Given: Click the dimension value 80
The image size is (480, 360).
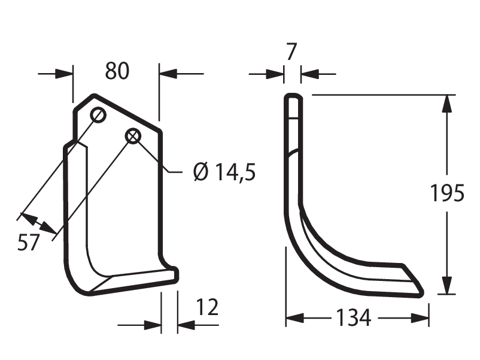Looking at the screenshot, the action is coord(117,71).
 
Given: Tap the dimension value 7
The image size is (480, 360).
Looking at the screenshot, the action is coord(291,52).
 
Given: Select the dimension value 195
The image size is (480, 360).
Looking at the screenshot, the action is coord(447,193).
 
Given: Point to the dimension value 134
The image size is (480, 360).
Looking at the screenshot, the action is coord(354,317).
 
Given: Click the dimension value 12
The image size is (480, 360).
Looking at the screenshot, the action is coord(207,307).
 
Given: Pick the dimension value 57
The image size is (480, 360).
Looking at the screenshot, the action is coord(29,243).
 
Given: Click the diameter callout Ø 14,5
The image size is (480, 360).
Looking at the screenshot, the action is coord(224,172).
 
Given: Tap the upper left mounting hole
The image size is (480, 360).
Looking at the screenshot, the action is coord(98,116).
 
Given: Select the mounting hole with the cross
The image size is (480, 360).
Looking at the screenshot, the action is coord(133,137).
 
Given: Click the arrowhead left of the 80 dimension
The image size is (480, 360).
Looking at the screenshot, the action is coord(64,74).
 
